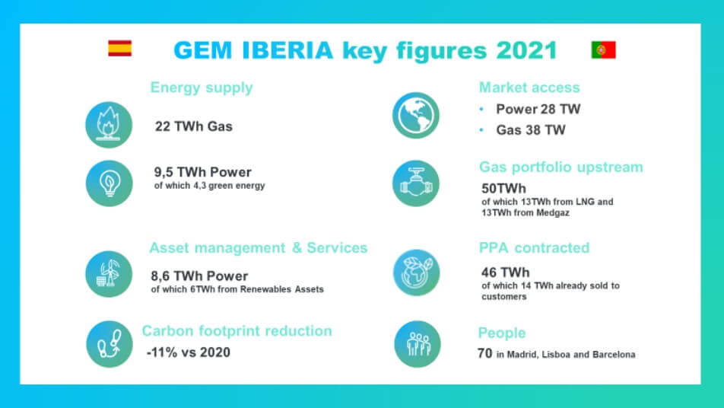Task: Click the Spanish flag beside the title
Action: tap(120, 48)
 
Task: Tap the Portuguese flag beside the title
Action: tap(604, 50)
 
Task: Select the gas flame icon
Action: tap(109, 125)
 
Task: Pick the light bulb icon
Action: tap(109, 183)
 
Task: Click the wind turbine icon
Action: tap(109, 274)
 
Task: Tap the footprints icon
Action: tap(110, 344)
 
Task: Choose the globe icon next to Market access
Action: tap(416, 115)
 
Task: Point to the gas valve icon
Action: tap(416, 183)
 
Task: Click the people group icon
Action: tap(418, 344)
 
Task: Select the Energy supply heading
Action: tap(202, 88)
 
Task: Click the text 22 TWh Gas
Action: tap(193, 126)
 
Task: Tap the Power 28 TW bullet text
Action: tap(538, 109)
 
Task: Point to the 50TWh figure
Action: tap(503, 189)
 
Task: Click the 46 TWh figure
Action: tap(505, 273)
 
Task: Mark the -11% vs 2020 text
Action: tap(189, 352)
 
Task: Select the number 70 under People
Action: tap(485, 353)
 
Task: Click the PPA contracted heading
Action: tap(534, 247)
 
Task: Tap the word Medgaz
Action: tap(552, 213)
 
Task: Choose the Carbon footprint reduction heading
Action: tap(237, 331)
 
